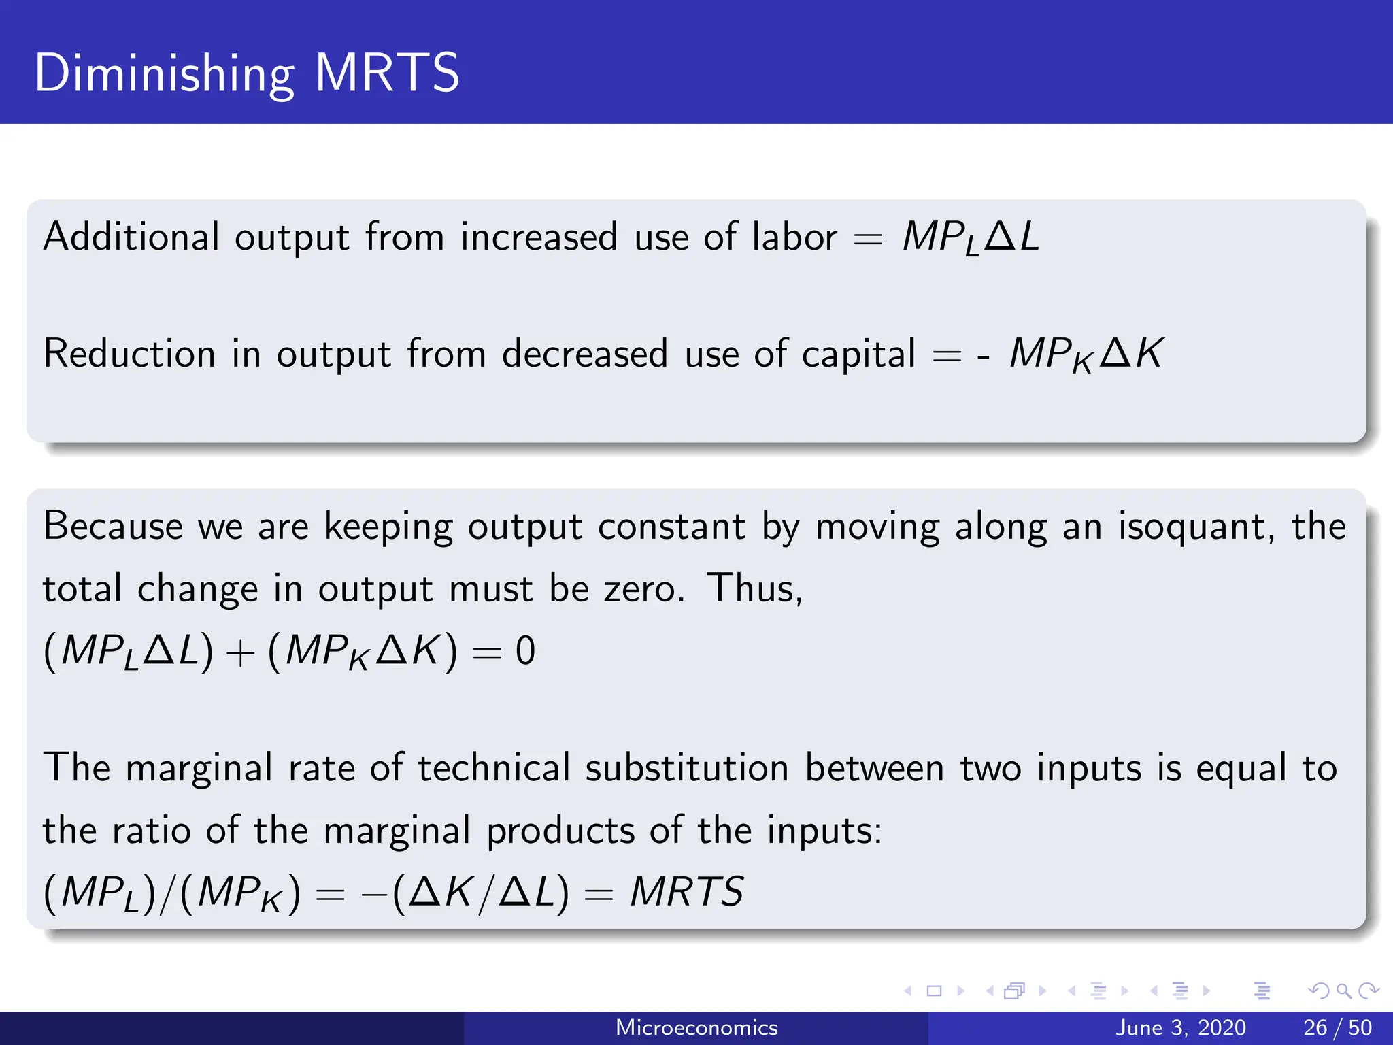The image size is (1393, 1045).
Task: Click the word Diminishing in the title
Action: click(x=164, y=73)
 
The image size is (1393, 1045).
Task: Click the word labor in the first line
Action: click(x=794, y=237)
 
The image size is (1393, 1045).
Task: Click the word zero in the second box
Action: click(x=643, y=588)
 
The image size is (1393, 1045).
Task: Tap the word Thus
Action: click(x=754, y=588)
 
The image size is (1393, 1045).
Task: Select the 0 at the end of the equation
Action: click(x=525, y=651)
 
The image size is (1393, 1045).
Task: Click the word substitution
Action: click(x=686, y=768)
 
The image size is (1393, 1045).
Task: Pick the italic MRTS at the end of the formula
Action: click(x=687, y=892)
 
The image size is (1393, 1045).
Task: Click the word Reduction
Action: click(x=129, y=354)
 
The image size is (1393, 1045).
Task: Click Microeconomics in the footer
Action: click(x=696, y=1027)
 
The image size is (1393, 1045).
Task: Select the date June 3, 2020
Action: click(x=1180, y=1027)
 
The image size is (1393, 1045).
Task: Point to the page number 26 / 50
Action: click(x=1337, y=1027)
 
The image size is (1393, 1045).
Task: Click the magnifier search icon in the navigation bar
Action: click(x=1343, y=991)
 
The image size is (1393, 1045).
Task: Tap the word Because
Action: click(x=113, y=527)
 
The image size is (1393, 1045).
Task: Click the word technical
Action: click(x=494, y=768)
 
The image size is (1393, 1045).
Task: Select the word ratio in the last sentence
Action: click(x=151, y=831)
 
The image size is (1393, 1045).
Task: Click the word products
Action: click(x=560, y=831)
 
